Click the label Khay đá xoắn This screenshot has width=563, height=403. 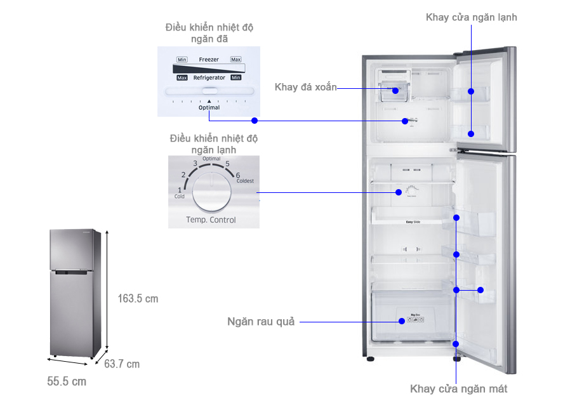[x=305, y=87]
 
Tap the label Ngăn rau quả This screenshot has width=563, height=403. [x=261, y=322]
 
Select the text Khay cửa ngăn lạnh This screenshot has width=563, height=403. [x=471, y=17]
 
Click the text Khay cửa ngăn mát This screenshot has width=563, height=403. [x=458, y=388]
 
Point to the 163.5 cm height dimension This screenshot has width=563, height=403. [x=138, y=298]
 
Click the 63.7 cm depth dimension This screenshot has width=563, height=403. [x=122, y=364]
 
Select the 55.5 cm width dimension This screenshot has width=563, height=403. [x=67, y=381]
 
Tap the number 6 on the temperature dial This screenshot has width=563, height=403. [x=237, y=175]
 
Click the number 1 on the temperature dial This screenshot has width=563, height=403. [x=179, y=190]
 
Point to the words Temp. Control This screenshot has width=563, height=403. [x=211, y=220]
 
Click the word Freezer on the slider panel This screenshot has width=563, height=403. [x=209, y=60]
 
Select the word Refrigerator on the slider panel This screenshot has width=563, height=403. [x=209, y=77]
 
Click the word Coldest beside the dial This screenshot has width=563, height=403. [x=244, y=182]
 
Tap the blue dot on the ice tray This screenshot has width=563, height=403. [x=395, y=91]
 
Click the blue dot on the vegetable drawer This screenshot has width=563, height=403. [x=402, y=321]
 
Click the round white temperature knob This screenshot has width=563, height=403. [x=213, y=193]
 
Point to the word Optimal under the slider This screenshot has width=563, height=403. [x=209, y=107]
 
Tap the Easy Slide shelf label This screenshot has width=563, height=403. [x=414, y=222]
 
